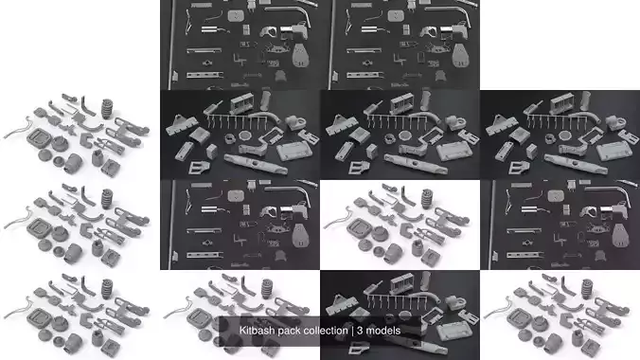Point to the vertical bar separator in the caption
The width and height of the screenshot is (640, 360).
point(352,331)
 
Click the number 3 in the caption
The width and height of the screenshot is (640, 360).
point(360,331)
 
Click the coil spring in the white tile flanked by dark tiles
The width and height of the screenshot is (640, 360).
point(427,199)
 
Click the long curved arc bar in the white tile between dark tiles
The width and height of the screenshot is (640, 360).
point(409,215)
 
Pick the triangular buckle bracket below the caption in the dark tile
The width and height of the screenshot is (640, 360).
point(359,348)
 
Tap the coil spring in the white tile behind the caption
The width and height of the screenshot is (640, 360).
point(267,289)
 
